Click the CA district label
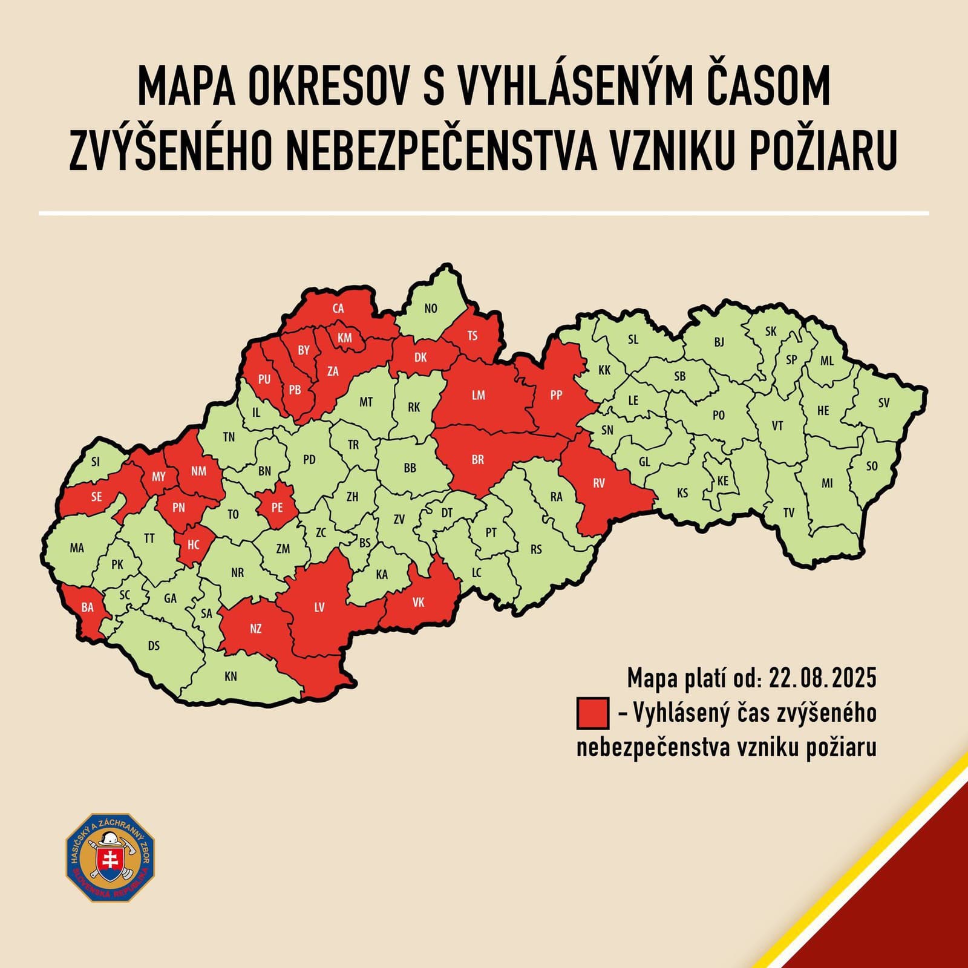pyautogui.click(x=338, y=309)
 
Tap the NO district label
pyautogui.click(x=431, y=309)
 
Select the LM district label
pyautogui.click(x=478, y=395)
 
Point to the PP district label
pyautogui.click(x=556, y=395)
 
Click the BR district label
pyautogui.click(x=477, y=460)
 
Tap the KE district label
pyautogui.click(x=722, y=482)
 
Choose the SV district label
pyautogui.click(x=884, y=402)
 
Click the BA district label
pyautogui.click(x=88, y=607)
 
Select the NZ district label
pyautogui.click(x=255, y=629)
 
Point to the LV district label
pyautogui.click(x=319, y=607)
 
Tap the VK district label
pyautogui.click(x=418, y=602)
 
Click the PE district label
pyautogui.click(x=276, y=508)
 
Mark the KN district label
pyautogui.click(x=231, y=676)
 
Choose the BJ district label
pyautogui.click(x=719, y=342)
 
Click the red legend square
pyautogui.click(x=593, y=713)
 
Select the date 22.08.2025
pyautogui.click(x=822, y=678)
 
